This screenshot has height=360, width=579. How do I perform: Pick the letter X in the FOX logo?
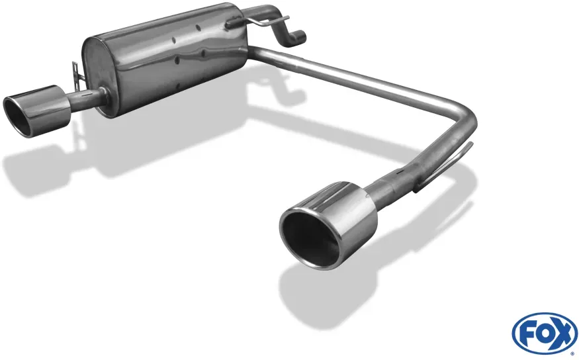562,333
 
